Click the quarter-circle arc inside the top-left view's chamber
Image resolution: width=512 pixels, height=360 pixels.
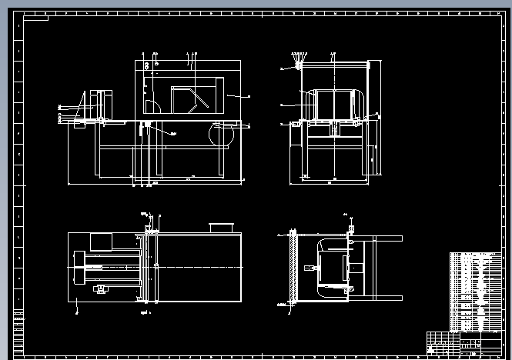[x=153, y=106]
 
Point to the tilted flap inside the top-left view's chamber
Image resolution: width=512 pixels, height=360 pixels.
[x=202, y=101]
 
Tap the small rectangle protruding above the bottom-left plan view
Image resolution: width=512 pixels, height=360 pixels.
[x=222, y=227]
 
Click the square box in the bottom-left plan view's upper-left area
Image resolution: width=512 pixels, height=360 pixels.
[x=101, y=242]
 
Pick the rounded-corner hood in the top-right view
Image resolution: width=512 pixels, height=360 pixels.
[x=334, y=105]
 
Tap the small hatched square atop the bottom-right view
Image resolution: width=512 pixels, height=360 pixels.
[x=352, y=229]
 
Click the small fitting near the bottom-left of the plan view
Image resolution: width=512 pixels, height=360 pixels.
[x=99, y=288]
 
